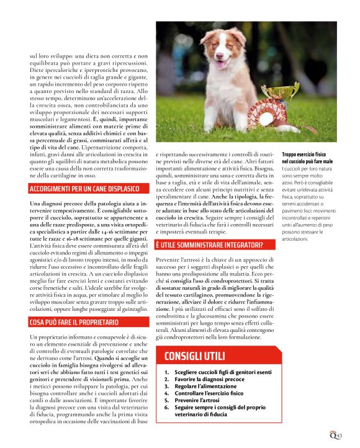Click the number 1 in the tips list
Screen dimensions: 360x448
point(166,371)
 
